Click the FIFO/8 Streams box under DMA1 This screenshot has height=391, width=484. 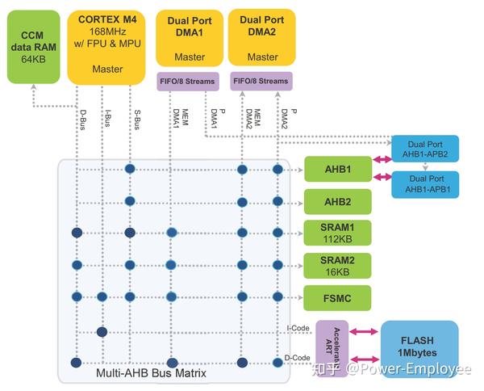tap(187, 81)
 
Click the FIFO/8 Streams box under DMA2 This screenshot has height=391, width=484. tap(261, 81)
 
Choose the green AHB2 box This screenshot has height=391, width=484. tap(337, 201)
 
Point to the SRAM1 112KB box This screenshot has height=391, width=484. tap(337, 233)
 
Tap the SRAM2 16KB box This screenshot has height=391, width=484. tap(337, 264)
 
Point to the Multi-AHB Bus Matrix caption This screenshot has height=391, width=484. tap(152, 373)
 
